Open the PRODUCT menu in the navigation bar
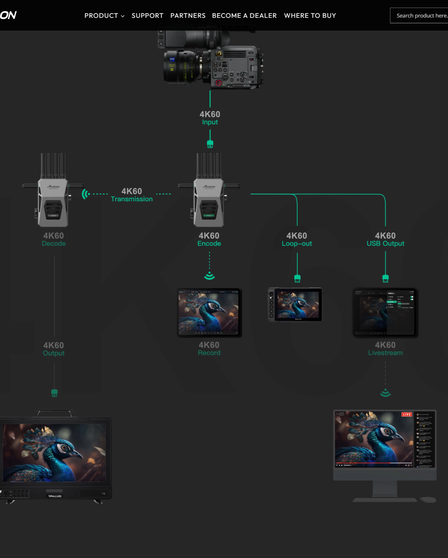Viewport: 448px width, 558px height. pos(104,16)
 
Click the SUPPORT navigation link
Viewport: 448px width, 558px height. pos(147,16)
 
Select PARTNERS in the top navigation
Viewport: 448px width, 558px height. pos(188,16)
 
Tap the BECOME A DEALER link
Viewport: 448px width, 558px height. pos(244,16)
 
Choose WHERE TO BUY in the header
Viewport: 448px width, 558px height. pos(310,16)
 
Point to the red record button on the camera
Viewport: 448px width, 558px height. pos(219,83)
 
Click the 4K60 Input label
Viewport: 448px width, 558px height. pos(210,118)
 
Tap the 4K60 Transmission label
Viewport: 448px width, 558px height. pos(132,195)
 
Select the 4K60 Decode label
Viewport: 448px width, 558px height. pos(54,239)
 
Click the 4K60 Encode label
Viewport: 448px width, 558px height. pos(209,239)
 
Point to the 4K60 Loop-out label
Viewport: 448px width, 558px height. pos(297,239)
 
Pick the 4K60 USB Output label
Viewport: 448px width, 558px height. pos(385,239)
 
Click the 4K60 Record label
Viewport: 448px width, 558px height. pos(209,349)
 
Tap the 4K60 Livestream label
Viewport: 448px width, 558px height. pos(385,349)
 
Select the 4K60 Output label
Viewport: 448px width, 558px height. pos(54,349)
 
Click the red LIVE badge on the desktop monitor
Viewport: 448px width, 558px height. pos(407,414)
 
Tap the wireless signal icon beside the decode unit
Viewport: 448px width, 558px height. pos(85,194)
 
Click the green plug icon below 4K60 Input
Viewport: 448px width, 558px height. pos(210,144)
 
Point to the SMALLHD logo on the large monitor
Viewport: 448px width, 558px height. pos(55,496)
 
